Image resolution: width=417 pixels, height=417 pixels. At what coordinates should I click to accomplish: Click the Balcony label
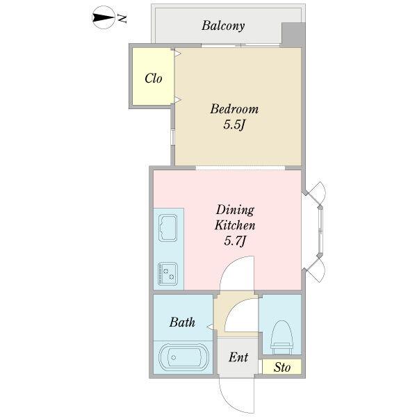click(223, 26)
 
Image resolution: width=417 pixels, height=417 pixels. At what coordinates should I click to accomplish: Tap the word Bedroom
click(234, 109)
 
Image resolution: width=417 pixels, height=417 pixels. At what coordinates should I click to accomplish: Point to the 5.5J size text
click(234, 125)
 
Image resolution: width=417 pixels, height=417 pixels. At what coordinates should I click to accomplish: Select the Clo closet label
click(154, 78)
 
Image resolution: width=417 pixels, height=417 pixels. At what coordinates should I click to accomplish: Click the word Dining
click(235, 211)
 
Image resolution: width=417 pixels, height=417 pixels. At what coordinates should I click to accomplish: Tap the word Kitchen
click(235, 225)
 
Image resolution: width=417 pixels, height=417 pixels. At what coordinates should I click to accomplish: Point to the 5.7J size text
click(235, 241)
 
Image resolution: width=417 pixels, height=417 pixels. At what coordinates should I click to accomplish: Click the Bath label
click(182, 322)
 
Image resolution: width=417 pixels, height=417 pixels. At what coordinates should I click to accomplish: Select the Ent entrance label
click(238, 357)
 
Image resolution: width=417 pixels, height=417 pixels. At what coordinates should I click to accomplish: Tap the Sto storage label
click(282, 367)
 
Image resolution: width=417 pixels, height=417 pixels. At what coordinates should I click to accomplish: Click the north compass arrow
click(104, 17)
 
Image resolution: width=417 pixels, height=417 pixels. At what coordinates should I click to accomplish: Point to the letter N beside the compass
click(122, 18)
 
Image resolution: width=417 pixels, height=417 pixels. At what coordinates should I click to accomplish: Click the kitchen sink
click(167, 228)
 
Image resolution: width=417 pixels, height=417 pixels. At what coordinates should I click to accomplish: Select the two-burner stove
click(167, 273)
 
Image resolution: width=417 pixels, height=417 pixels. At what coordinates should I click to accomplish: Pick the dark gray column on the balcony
click(293, 35)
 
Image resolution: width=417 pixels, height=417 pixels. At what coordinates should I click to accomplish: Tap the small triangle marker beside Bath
click(210, 327)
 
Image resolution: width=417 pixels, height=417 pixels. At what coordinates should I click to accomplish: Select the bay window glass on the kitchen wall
click(321, 232)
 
